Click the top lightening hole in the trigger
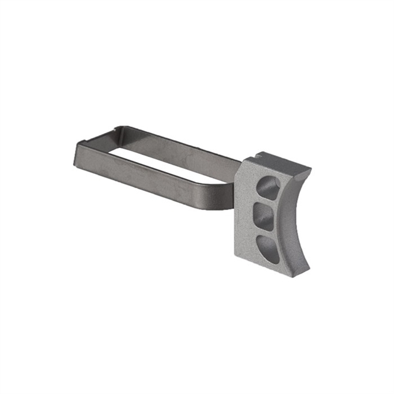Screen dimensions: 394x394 (x=269, y=187)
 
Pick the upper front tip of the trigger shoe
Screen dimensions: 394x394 (x=308, y=170)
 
